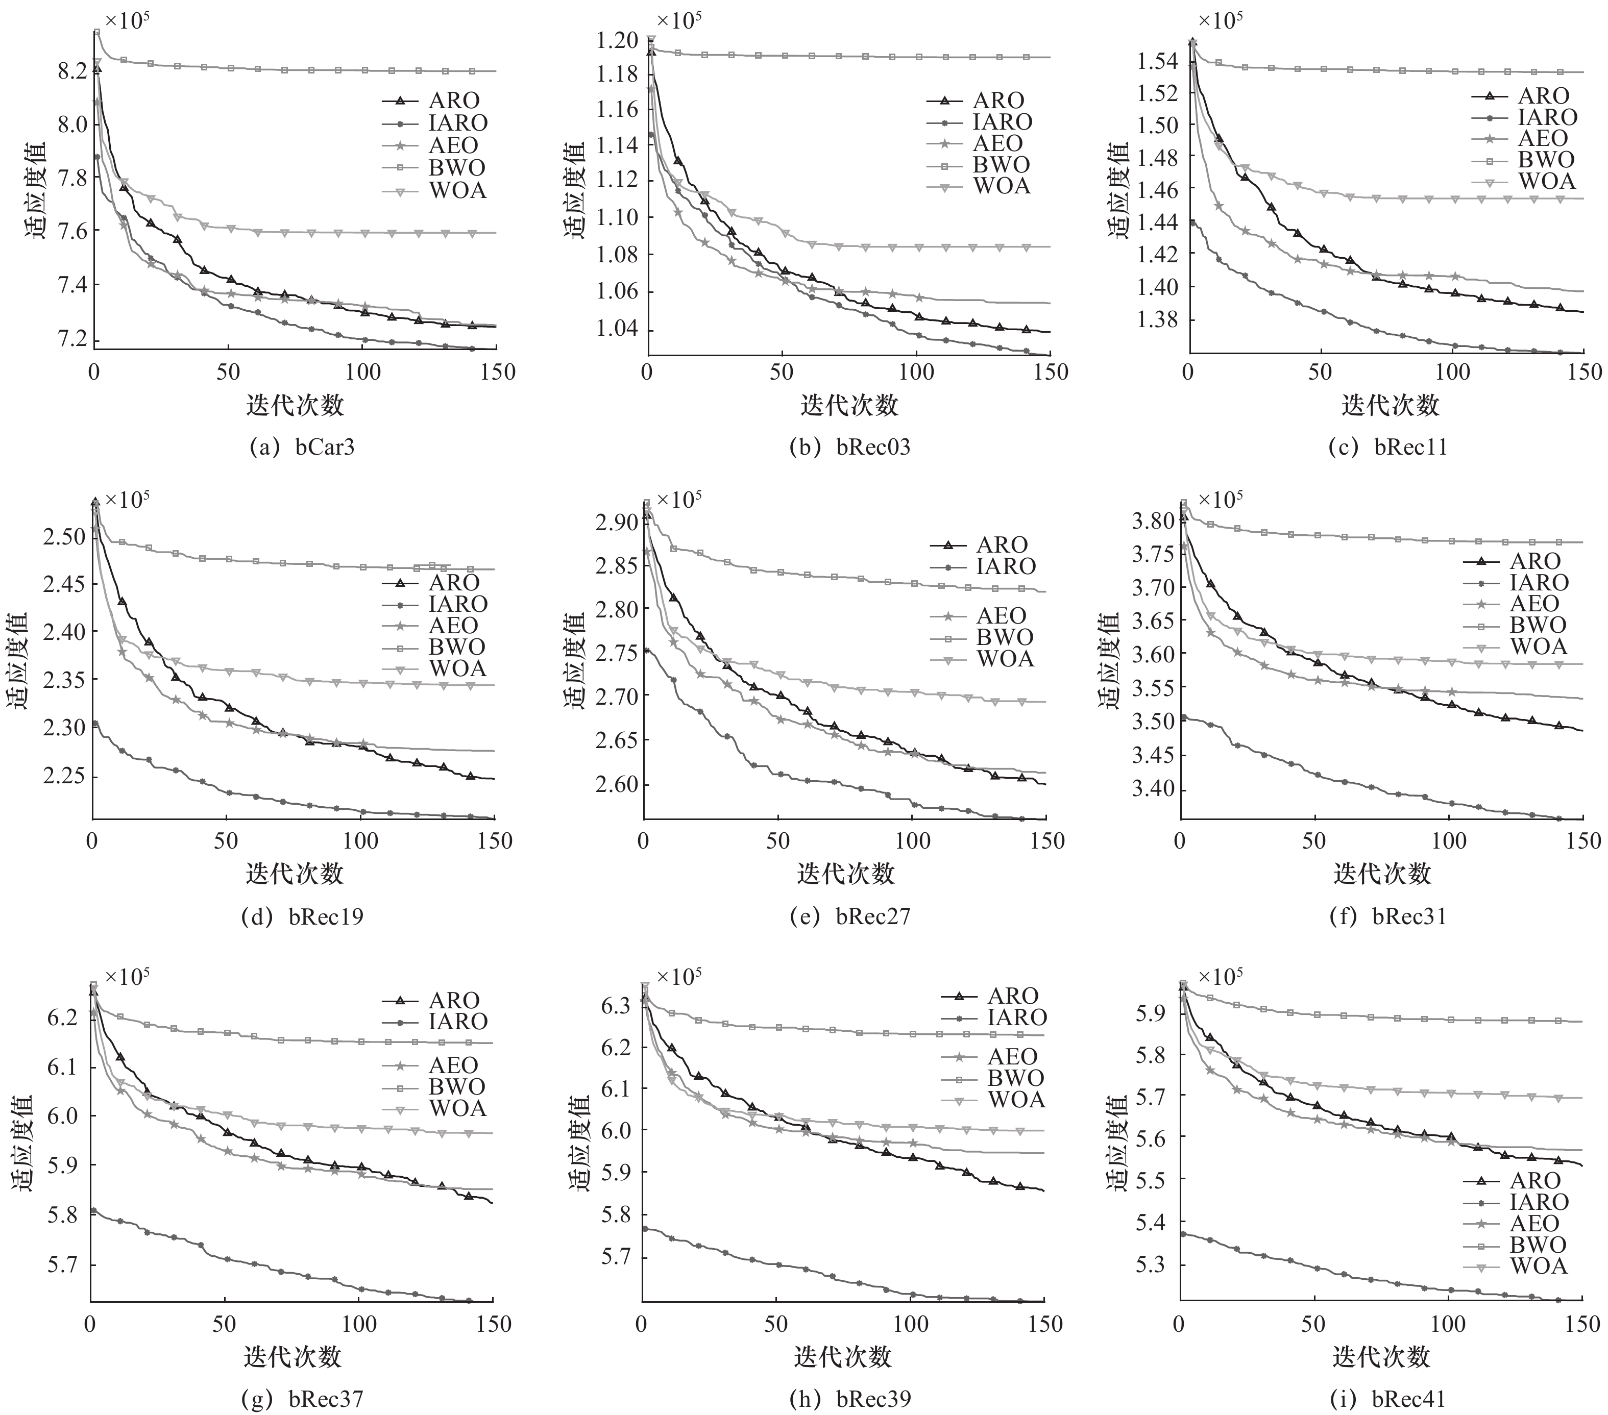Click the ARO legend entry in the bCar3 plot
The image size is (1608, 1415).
pos(454,101)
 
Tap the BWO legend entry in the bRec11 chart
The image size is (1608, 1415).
pos(1546,160)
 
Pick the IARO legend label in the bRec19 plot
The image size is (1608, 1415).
pos(458,604)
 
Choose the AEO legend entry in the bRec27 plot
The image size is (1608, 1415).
pos(1002,616)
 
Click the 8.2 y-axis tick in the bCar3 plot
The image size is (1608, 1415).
pos(72,71)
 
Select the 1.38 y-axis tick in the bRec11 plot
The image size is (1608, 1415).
pos(1163,319)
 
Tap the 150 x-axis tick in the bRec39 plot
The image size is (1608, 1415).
pos(1045,1324)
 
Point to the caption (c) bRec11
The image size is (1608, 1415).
pos(1387,447)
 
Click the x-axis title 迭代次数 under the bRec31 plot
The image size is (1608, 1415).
pos(1381,873)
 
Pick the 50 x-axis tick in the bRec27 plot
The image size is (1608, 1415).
pos(777,841)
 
